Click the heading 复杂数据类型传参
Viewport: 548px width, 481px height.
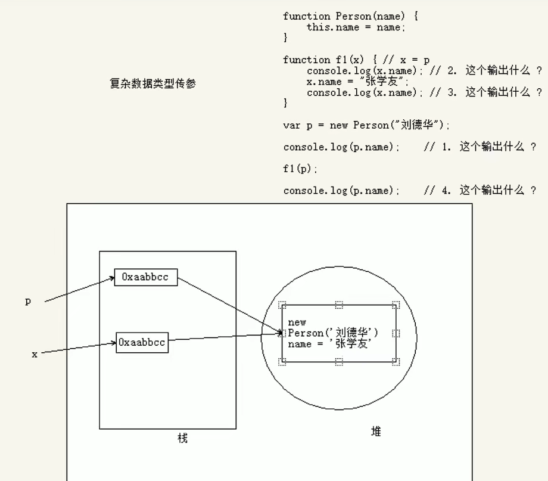click(152, 84)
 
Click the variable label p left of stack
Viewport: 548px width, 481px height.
click(27, 302)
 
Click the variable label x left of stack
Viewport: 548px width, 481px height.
click(35, 354)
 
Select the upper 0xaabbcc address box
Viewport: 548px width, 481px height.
click(146, 277)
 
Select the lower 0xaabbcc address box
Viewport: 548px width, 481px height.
click(142, 343)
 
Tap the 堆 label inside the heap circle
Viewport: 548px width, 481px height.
click(376, 432)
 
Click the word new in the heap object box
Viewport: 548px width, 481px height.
click(297, 322)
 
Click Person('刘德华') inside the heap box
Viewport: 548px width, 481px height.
click(333, 333)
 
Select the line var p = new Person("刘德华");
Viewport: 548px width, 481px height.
click(366, 125)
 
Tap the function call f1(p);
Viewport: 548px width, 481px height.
click(301, 169)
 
